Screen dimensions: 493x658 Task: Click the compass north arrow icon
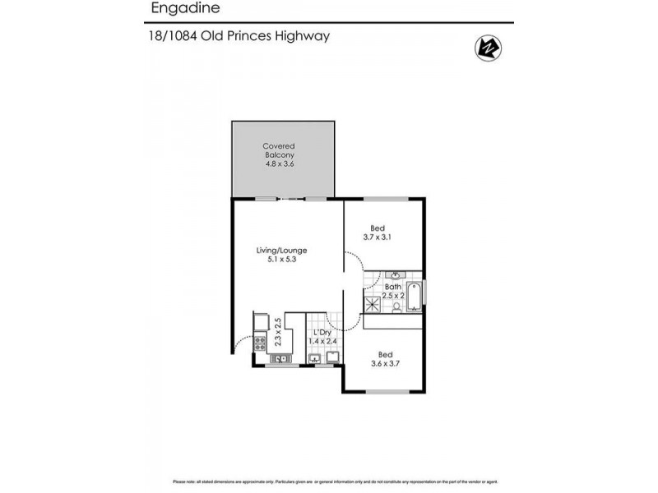point(487,48)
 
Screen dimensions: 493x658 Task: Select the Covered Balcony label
point(280,150)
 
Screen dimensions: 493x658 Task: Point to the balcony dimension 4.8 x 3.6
point(280,164)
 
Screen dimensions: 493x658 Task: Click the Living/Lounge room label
point(281,250)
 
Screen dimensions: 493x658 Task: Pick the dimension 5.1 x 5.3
point(281,260)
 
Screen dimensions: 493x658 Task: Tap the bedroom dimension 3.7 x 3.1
point(378,237)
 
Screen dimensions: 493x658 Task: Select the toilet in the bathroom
point(396,306)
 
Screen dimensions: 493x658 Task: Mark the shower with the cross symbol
point(373,304)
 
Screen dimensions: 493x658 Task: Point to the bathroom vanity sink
point(396,276)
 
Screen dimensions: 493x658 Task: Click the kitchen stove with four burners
point(260,343)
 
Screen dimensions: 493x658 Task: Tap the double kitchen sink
point(280,358)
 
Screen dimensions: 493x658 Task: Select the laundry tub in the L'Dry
point(314,358)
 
